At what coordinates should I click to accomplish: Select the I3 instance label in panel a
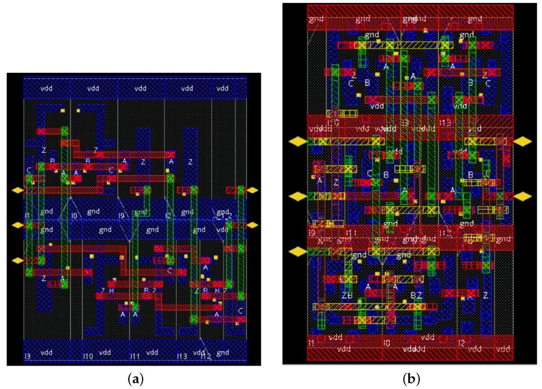27,356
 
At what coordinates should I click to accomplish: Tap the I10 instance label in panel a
88,356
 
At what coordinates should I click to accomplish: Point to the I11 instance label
135,356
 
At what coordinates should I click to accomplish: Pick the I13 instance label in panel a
181,356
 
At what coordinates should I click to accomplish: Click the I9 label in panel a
121,215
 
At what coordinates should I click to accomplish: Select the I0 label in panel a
74,215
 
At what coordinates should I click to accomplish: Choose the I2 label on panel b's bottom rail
461,343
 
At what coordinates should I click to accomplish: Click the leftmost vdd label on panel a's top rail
46,88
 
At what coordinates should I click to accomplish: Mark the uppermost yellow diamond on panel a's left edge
17,190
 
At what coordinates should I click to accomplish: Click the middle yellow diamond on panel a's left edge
17,225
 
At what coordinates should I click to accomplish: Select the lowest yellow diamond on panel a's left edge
17,261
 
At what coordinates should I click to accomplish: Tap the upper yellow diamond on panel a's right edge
252,190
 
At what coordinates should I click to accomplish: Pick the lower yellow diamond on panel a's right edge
252,225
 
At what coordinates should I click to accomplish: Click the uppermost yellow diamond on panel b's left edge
297,141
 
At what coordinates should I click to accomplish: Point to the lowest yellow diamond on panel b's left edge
297,251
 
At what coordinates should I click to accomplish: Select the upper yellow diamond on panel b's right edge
523,141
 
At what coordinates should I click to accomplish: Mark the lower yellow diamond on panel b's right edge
523,196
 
